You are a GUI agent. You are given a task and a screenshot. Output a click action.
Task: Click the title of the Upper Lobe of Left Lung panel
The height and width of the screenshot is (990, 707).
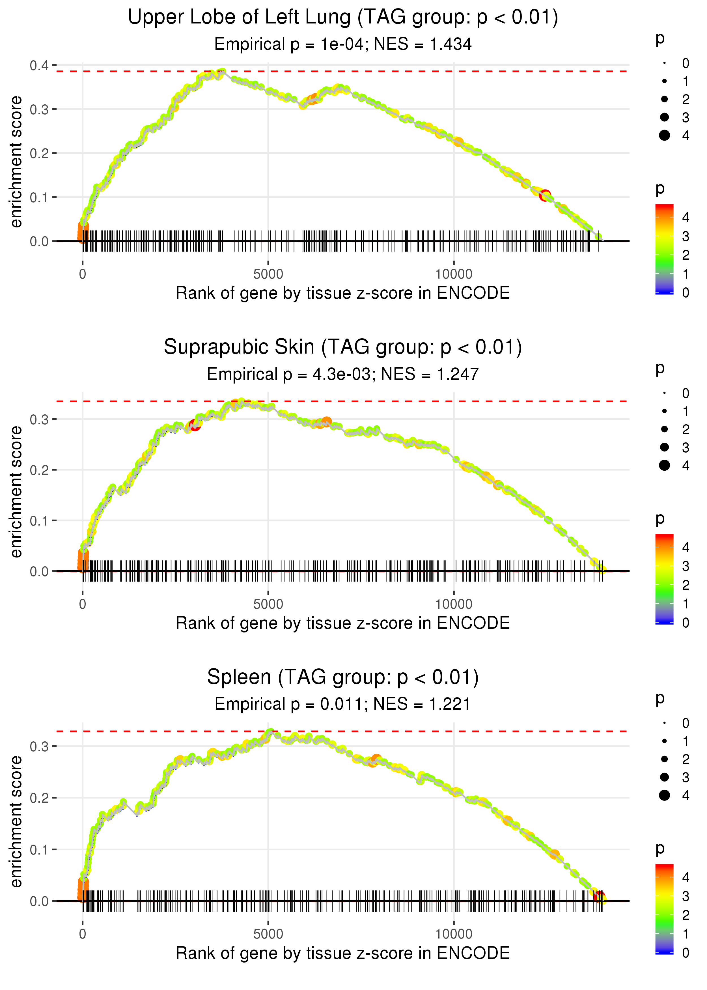tap(343, 18)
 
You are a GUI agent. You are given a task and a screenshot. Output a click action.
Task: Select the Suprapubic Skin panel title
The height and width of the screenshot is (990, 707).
tap(343, 347)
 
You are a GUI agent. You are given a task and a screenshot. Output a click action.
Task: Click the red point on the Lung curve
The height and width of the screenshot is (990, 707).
tap(545, 196)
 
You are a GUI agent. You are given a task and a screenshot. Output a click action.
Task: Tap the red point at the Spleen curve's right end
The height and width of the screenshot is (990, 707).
tap(600, 897)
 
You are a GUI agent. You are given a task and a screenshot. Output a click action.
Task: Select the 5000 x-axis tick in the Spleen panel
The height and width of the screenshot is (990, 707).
tap(268, 934)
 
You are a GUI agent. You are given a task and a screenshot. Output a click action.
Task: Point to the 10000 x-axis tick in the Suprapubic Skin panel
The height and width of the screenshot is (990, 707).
tap(454, 604)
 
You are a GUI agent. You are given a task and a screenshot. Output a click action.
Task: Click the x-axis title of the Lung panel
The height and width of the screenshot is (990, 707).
tap(343, 293)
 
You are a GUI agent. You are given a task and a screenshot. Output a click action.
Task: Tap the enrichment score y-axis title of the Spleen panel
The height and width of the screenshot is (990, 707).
tap(16, 821)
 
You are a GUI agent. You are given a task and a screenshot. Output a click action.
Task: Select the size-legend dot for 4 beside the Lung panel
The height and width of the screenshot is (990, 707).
tap(664, 135)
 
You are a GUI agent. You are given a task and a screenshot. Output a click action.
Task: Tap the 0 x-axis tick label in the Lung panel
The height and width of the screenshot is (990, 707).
tap(83, 274)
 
